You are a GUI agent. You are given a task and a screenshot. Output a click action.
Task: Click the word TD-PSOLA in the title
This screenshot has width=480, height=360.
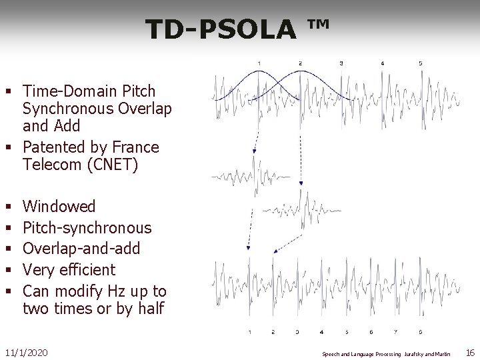(220, 29)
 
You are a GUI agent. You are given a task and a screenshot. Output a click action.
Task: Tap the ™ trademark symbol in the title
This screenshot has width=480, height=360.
(319, 25)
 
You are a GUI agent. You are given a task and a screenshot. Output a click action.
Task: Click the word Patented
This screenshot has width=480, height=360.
(55, 147)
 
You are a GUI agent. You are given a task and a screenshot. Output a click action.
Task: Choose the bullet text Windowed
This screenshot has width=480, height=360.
(59, 206)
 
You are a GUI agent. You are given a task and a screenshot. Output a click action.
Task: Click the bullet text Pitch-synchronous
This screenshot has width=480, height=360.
(87, 227)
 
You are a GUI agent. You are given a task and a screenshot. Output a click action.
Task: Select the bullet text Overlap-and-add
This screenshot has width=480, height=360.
(81, 249)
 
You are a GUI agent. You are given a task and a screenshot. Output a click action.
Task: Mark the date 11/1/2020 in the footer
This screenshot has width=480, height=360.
(26, 352)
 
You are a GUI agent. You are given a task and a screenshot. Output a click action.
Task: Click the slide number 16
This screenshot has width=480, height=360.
(469, 352)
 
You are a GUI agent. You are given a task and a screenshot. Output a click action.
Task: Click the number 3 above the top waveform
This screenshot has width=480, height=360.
(341, 63)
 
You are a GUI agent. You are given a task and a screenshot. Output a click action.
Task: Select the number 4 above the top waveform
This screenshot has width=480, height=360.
(382, 63)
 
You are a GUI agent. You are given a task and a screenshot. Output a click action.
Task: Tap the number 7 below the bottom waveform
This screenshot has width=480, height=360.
(395, 331)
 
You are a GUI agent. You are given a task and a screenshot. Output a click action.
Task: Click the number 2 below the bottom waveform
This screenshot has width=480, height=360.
(273, 331)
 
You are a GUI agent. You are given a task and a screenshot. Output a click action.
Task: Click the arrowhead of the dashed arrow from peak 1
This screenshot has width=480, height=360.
(254, 151)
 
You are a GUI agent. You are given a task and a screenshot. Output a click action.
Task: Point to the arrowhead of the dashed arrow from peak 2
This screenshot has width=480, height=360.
(301, 183)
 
